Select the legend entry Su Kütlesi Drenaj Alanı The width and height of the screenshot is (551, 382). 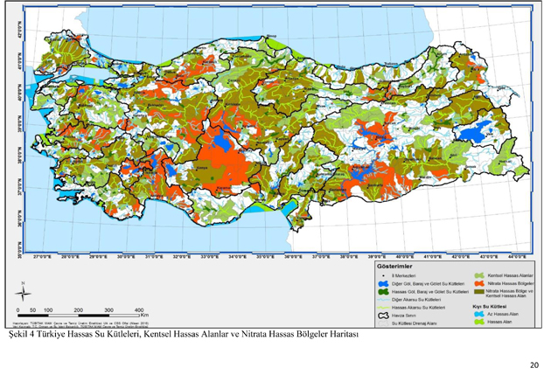415,323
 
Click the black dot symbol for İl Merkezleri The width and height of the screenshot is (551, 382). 383,275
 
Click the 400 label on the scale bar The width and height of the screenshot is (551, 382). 139,310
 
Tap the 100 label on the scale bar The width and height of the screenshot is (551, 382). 48,310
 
